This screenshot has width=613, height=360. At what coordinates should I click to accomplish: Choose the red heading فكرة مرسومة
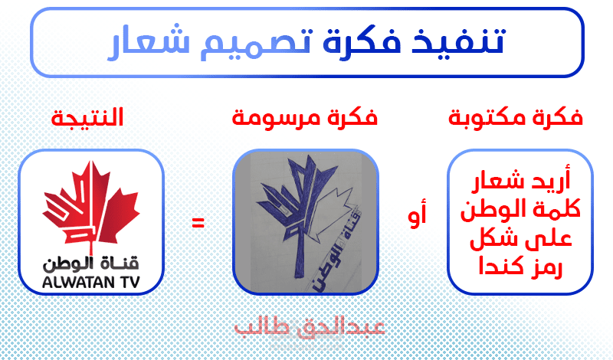(305, 118)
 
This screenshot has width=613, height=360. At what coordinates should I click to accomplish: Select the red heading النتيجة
(87, 118)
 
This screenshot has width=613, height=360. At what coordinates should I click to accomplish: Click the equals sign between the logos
(198, 223)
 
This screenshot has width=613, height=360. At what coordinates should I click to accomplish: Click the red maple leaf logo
(90, 203)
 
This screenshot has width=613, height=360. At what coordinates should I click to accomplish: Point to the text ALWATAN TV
(90, 283)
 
